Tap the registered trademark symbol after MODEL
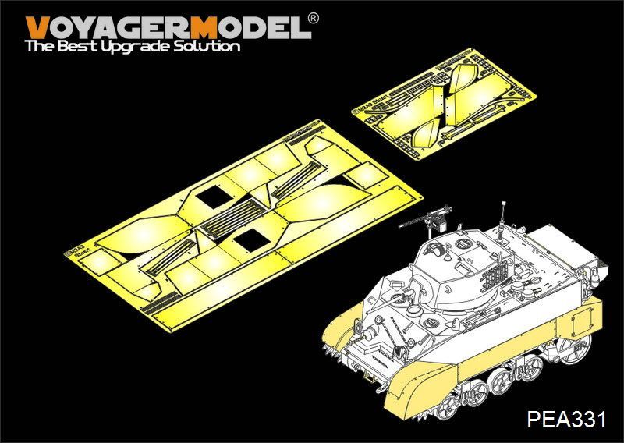(x=313, y=17)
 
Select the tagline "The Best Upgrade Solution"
(x=133, y=47)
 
